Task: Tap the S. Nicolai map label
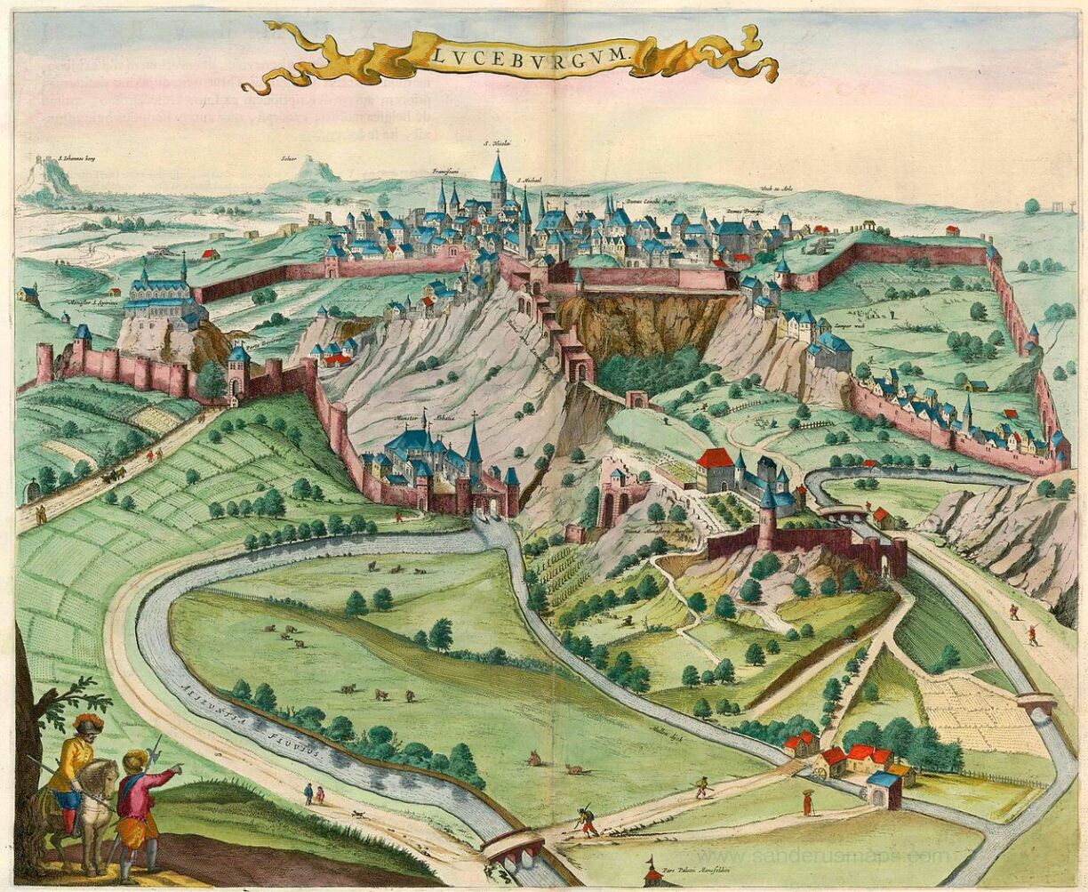(x=496, y=142)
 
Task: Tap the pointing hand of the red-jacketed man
(x=177, y=767)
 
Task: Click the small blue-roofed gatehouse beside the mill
(x=883, y=788)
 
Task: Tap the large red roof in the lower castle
(x=716, y=459)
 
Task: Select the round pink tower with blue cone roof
(x=766, y=520)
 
